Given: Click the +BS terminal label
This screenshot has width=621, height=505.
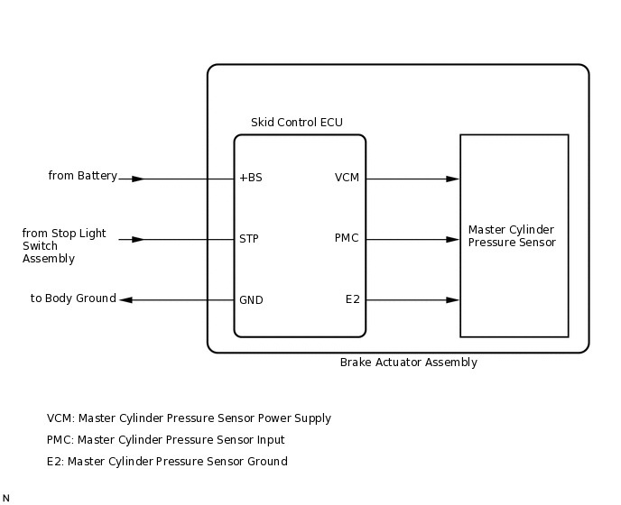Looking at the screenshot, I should [x=251, y=178].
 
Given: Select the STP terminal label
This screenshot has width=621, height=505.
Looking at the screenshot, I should [x=249, y=239].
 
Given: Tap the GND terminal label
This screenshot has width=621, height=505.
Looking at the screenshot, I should [x=251, y=299].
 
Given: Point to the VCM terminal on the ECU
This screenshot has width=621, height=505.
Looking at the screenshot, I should [x=347, y=178].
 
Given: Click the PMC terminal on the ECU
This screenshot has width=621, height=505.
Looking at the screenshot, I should [x=347, y=239].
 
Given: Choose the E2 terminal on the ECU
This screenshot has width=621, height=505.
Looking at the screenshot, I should [x=353, y=299].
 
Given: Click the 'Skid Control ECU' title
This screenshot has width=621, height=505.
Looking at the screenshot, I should [x=297, y=123].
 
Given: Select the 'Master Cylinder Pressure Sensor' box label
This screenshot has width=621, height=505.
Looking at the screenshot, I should [x=512, y=236].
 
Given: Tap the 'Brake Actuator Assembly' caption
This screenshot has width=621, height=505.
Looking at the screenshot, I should [x=408, y=363].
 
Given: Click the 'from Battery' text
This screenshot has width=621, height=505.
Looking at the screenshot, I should [x=82, y=176].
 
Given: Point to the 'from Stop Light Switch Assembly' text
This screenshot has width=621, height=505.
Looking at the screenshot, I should [x=63, y=245].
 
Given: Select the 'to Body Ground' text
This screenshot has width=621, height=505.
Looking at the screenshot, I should [x=73, y=298].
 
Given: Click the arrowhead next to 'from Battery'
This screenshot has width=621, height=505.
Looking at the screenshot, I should [x=137, y=179].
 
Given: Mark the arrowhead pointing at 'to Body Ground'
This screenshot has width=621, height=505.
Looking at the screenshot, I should [x=126, y=299].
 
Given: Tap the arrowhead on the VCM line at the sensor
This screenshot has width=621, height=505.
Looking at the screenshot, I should [x=453, y=179].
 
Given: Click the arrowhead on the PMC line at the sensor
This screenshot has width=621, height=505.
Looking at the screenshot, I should [x=453, y=239].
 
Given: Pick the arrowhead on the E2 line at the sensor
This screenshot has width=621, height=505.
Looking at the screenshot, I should [x=453, y=299].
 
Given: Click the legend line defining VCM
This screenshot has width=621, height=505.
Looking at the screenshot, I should [x=189, y=418].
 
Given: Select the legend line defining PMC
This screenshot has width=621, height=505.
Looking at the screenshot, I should [x=165, y=440].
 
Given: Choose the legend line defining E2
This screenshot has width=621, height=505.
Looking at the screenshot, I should [x=167, y=462].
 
